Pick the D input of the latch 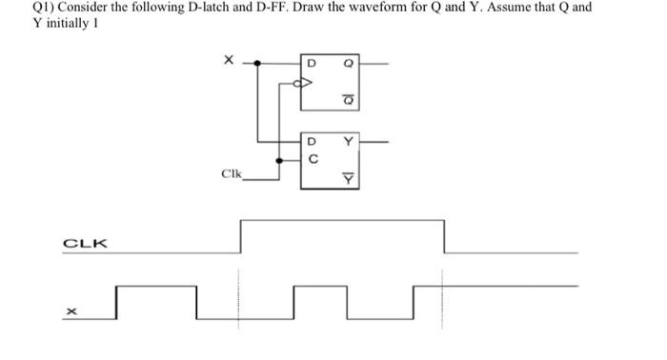tap(310, 144)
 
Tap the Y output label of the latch tap(348, 144)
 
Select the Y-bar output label tap(348, 178)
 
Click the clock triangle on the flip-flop tap(304, 83)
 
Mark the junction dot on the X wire tap(256, 64)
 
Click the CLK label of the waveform tap(85, 244)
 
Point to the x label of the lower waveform tap(71, 310)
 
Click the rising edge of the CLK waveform tap(240, 236)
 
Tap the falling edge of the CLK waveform tap(443, 236)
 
